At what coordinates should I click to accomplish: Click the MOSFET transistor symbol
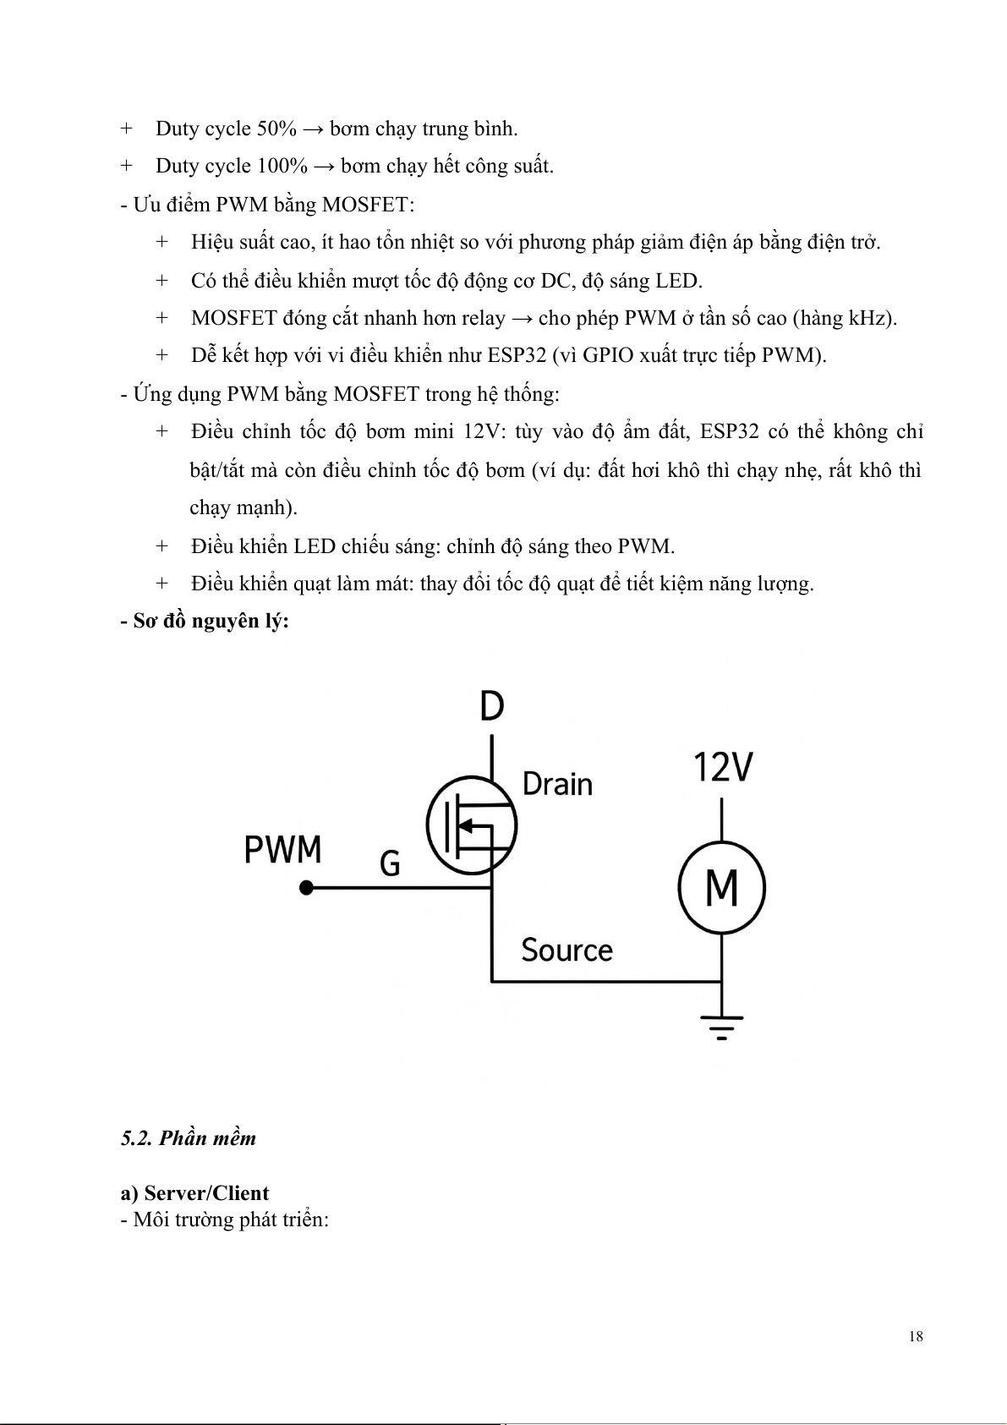click(471, 825)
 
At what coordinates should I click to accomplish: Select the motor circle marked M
click(721, 888)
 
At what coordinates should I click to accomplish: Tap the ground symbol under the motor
click(721, 1026)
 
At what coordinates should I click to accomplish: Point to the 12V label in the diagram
click(723, 768)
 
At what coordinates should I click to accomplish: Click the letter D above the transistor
click(491, 706)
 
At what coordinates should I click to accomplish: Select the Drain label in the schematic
click(557, 784)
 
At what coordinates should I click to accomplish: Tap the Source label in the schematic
click(566, 951)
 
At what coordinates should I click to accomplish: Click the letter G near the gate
click(390, 863)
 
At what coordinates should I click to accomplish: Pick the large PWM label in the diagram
click(282, 849)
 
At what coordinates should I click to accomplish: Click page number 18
click(916, 1336)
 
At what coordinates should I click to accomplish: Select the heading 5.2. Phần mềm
click(188, 1138)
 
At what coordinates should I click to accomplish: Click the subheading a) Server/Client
click(194, 1193)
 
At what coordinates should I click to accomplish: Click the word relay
click(483, 318)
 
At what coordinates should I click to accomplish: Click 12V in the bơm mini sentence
click(483, 432)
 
